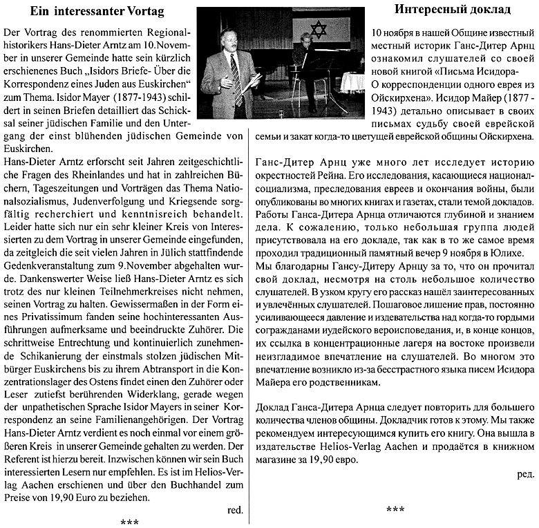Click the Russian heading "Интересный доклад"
(453, 10)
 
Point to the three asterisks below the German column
(130, 520)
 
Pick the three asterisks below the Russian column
(395, 510)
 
